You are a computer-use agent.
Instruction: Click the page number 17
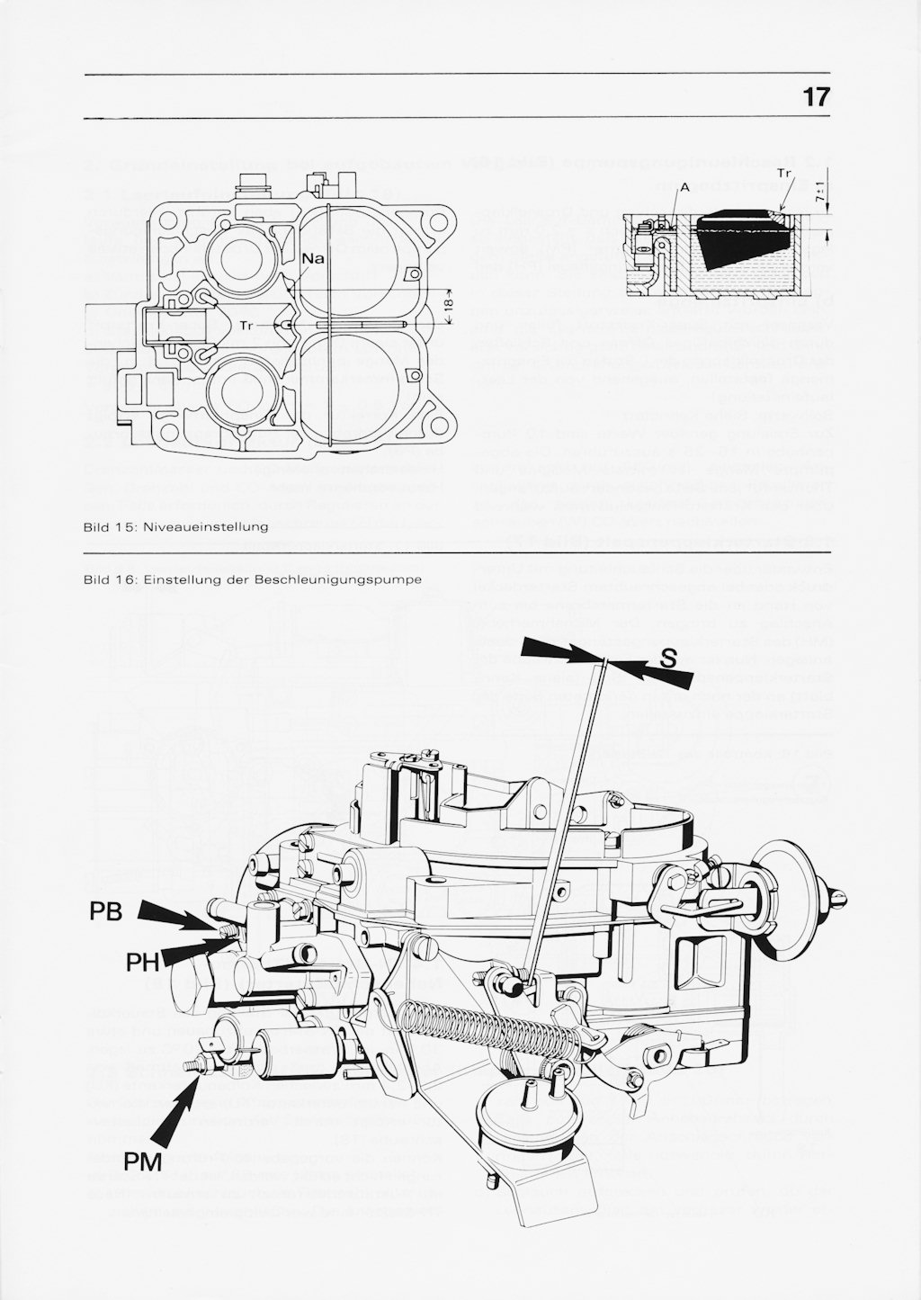click(x=816, y=97)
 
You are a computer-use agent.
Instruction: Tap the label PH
click(x=142, y=963)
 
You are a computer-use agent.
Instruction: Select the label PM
click(x=142, y=1163)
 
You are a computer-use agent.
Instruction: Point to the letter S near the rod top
click(x=667, y=659)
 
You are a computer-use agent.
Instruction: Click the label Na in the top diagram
click(x=313, y=259)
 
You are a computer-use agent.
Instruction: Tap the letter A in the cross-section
click(x=684, y=187)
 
